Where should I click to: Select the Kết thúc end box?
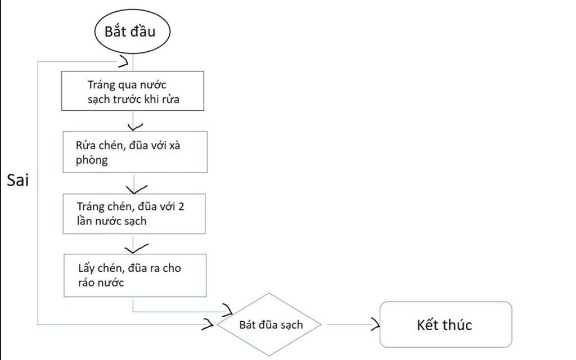445,325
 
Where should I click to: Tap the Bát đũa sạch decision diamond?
270,325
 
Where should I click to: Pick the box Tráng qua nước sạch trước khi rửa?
133,91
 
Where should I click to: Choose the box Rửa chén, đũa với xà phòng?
135,152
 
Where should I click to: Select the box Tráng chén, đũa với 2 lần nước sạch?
134,214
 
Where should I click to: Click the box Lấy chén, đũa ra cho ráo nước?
134,275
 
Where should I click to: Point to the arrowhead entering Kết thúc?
375,324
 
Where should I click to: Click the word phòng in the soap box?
92,160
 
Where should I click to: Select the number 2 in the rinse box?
181,206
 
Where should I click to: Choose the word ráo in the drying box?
88,282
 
